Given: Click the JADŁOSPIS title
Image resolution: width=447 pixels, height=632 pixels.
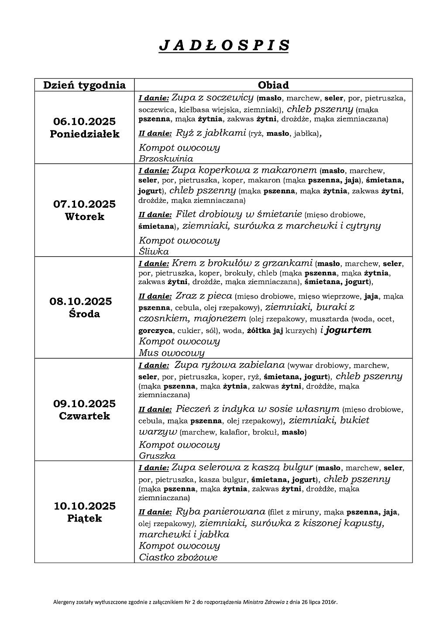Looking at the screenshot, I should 223,45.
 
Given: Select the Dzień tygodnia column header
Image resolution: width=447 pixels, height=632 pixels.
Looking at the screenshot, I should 84,85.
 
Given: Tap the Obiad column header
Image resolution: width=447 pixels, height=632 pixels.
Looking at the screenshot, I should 273,85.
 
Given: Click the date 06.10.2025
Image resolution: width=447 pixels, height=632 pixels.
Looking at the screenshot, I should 84,121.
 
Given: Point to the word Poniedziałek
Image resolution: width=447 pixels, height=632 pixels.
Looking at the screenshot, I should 84,134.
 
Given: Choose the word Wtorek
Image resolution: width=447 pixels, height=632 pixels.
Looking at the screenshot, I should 84,217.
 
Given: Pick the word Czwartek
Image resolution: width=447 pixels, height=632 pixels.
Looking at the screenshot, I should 84,416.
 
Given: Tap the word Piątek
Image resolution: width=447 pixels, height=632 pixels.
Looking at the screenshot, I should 84,519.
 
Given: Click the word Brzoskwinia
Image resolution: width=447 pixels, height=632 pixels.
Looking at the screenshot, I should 166,158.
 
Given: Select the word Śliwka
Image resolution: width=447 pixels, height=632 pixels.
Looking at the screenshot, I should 154,251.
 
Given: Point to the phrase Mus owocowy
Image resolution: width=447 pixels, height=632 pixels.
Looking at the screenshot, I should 172,353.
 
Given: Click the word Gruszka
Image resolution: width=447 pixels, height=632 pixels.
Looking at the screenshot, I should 157,456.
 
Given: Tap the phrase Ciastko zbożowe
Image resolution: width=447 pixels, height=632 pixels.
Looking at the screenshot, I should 178,557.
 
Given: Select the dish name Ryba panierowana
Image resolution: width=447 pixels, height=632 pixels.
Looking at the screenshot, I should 220,512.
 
